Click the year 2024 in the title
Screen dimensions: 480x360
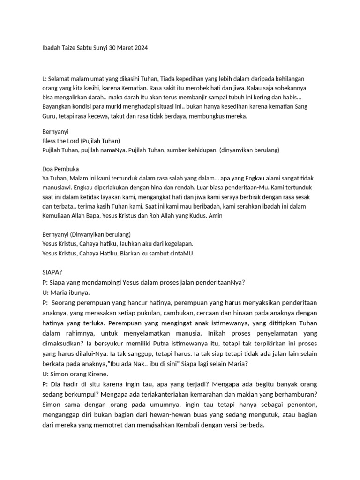point(140,48)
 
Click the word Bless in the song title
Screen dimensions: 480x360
point(50,141)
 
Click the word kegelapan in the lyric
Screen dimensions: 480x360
point(172,244)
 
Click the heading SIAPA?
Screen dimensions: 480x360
point(52,272)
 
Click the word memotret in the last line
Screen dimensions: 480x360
point(120,425)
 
